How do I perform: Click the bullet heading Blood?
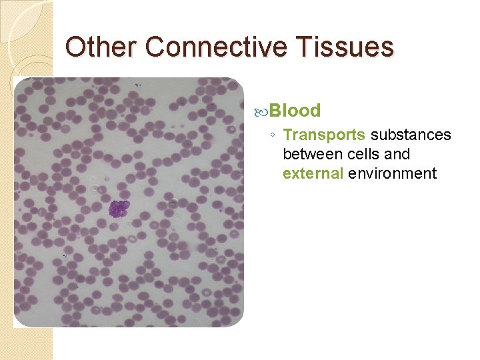click(295, 111)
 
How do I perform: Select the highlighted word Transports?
click(324, 135)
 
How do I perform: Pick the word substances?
click(411, 135)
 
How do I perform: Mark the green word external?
click(311, 174)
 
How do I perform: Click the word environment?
click(391, 174)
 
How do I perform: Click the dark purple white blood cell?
click(119, 209)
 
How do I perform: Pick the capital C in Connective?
click(155, 47)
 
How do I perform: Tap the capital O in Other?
click(77, 47)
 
